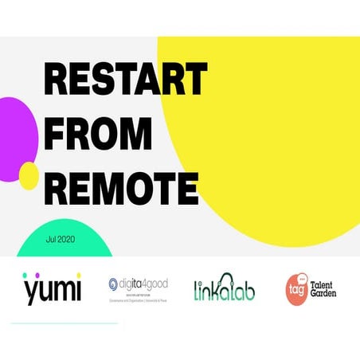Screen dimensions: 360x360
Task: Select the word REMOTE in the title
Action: [121, 187]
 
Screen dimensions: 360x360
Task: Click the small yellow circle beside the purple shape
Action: [29, 176]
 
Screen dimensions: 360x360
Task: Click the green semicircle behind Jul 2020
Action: [64, 243]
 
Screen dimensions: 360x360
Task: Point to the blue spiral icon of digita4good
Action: [114, 284]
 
